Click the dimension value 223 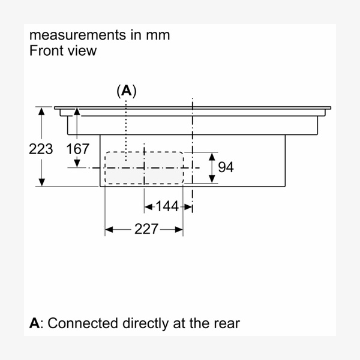point(41,149)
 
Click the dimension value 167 point(77,149)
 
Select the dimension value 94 point(226,167)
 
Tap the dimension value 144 point(167,207)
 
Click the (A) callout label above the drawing point(127,91)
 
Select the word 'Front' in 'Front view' point(46,50)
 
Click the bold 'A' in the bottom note point(35,323)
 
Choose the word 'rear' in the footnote point(226,323)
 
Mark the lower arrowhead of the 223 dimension point(41,182)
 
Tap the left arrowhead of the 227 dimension point(109,229)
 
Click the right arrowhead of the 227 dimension point(179,229)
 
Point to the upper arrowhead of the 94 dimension point(211,157)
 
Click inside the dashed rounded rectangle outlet point(144,168)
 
